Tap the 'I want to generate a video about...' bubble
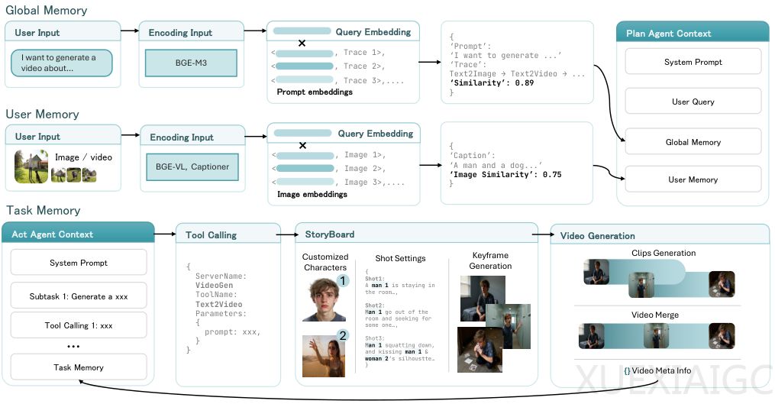tap(62, 63)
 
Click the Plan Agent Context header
tap(693, 33)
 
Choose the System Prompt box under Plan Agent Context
tap(693, 62)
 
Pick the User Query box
tap(693, 102)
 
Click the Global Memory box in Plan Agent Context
tap(693, 142)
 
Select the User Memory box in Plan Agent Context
tap(693, 179)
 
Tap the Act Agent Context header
tap(78, 234)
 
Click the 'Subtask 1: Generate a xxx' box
tap(79, 296)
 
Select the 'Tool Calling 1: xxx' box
tap(79, 325)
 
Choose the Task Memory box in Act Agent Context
tap(79, 367)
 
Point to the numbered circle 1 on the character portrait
tap(342, 281)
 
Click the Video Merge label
tap(655, 315)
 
